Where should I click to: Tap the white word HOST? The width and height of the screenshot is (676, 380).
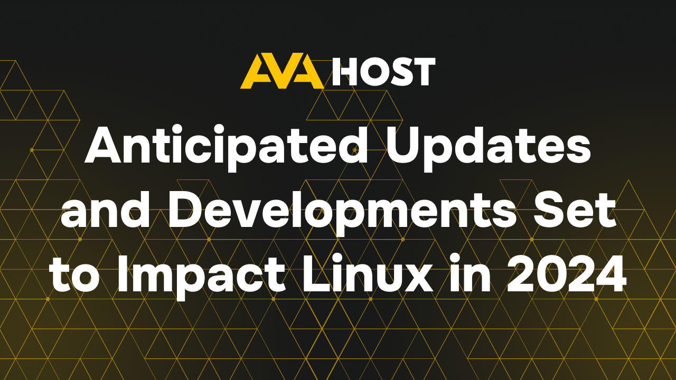[x=383, y=72]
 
